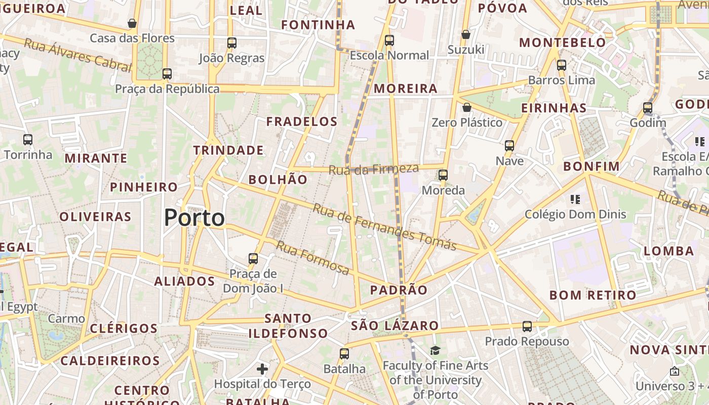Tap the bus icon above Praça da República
pos(167,74)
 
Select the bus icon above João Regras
pos(232,43)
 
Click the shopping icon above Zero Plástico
pos(467,107)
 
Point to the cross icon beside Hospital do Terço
pos(262,369)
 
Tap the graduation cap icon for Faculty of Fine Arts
pos(435,350)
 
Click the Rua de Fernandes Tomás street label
pos(385,226)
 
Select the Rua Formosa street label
pos(312,258)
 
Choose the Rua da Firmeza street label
pos(374,169)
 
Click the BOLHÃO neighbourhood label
pos(278,180)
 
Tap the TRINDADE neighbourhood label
pos(228,150)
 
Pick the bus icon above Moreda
pos(443,175)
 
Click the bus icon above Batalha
pos(344,354)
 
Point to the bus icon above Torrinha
pos(28,140)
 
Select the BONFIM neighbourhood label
pos(592,167)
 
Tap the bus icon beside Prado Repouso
pos(527,327)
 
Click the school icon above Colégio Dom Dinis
pos(575,199)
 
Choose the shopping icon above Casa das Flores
pos(132,23)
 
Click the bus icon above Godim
pos(648,108)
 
